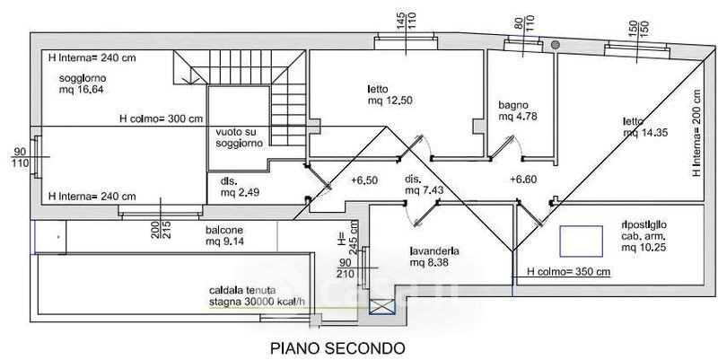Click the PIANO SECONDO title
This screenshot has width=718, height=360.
coord(337,347)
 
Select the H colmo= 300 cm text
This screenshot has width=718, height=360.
coord(161,119)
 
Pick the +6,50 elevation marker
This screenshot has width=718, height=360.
coord(364,180)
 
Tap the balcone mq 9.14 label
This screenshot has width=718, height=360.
coord(218,235)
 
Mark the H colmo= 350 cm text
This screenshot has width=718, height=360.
coord(569,271)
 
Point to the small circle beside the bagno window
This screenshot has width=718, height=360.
coord(556,45)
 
